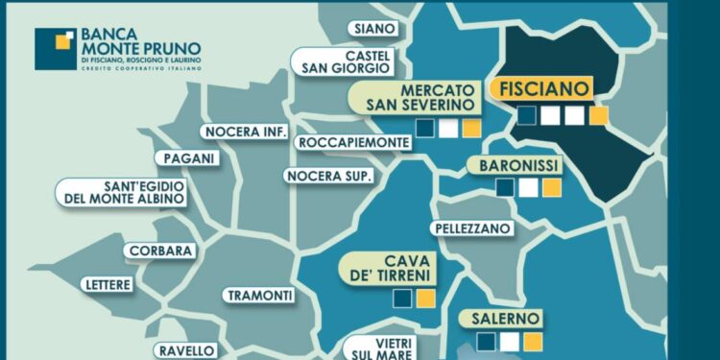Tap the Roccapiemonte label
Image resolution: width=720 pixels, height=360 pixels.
[353, 142]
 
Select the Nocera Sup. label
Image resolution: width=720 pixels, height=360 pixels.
[327, 175]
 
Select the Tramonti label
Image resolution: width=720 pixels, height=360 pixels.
[257, 296]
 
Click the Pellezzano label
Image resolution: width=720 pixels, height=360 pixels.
[468, 231]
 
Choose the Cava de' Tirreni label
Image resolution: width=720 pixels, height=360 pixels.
[395, 269]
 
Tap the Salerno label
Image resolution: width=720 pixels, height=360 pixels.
[505, 318]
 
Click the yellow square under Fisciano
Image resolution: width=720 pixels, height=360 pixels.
[598, 116]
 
